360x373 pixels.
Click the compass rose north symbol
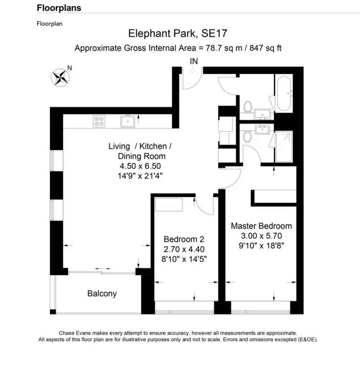coord(60,78)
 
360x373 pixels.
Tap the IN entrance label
coord(194,61)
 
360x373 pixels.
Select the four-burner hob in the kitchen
coord(99,121)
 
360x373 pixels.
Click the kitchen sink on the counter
coord(128,121)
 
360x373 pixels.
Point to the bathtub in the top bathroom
coord(284,93)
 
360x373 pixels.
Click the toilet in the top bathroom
coord(248,107)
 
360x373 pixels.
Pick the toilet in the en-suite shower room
coord(248,136)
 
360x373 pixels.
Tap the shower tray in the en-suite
coord(284,146)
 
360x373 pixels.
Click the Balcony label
coord(102,293)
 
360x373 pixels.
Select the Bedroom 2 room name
coord(184,239)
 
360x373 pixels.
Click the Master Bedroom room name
coord(261,226)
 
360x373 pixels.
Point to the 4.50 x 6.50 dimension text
coord(140,166)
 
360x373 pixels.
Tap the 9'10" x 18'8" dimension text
coord(261,245)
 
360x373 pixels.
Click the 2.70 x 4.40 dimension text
coord(184,249)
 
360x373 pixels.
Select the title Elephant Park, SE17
coord(178,33)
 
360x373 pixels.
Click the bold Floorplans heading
coord(59,8)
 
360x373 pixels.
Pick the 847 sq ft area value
coord(265,48)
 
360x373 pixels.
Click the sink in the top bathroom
coord(263,114)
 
